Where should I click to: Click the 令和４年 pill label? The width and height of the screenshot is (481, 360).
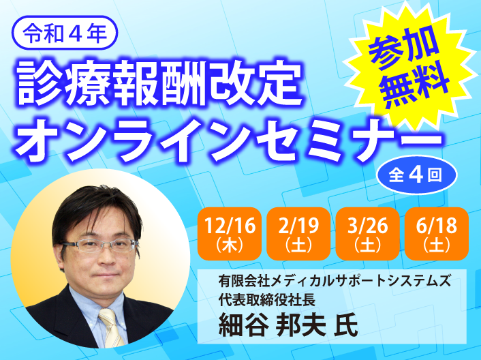coord(65,33)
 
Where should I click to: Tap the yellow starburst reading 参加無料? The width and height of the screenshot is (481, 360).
coord(409,66)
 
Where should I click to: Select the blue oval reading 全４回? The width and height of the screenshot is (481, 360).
coord(416,175)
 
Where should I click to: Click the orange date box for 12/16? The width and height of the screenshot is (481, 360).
coord(230,234)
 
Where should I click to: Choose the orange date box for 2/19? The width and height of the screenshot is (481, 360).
coord(298,234)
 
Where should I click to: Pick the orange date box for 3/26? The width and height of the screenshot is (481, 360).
coord(367,234)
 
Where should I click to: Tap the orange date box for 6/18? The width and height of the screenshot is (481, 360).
coord(437,234)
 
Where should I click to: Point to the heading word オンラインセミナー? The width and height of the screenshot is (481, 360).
coord(229,140)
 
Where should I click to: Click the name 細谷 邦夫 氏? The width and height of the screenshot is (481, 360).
coord(288,325)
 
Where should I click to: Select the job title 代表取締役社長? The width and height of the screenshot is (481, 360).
coord(267,299)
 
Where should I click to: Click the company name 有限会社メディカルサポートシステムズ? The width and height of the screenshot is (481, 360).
coord(335,281)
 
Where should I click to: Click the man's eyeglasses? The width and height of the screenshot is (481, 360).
coord(99,245)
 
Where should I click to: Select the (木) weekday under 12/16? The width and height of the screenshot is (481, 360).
coord(230,246)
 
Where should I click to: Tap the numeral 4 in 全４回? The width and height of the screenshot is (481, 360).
coord(416,175)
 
